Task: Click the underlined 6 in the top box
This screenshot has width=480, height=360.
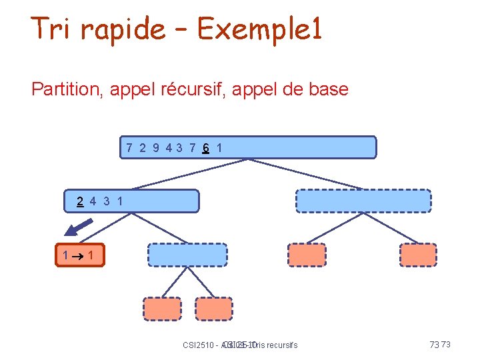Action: (x=207, y=147)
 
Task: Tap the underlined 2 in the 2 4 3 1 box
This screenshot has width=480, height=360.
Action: (x=80, y=200)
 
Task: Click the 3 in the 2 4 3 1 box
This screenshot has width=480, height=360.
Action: (x=106, y=200)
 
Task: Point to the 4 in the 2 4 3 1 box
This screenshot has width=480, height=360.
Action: (x=93, y=200)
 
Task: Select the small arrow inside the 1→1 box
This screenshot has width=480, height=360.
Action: (x=77, y=255)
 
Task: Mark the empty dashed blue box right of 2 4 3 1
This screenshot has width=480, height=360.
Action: (x=363, y=201)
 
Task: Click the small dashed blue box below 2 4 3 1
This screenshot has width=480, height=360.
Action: (x=187, y=255)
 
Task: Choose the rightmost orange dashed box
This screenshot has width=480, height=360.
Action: (x=418, y=255)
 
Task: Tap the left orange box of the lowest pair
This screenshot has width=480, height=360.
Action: (x=161, y=309)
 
